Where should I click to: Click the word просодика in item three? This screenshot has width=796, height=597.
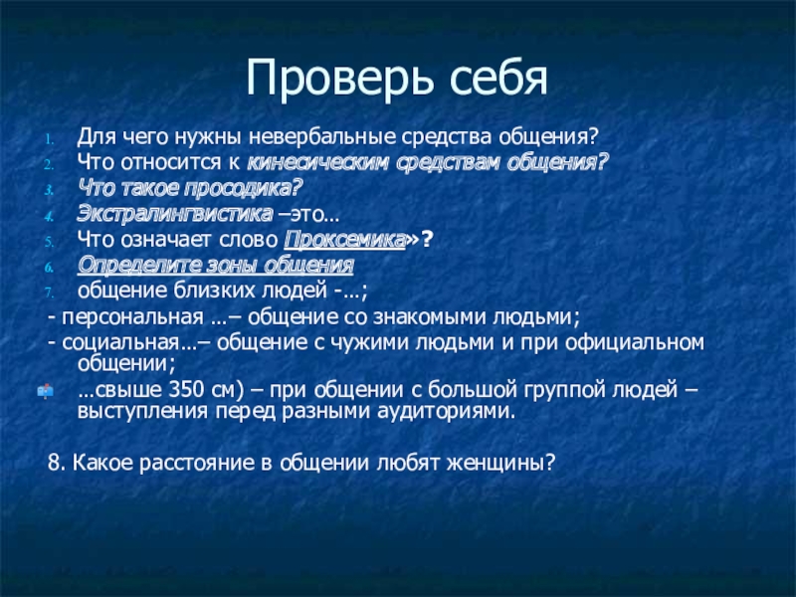pos(252,187)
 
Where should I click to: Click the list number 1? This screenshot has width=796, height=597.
pos(53,136)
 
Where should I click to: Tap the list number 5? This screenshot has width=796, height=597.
pos(53,240)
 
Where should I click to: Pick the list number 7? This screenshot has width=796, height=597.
pos(53,293)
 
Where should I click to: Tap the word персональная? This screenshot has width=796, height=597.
pos(132,317)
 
